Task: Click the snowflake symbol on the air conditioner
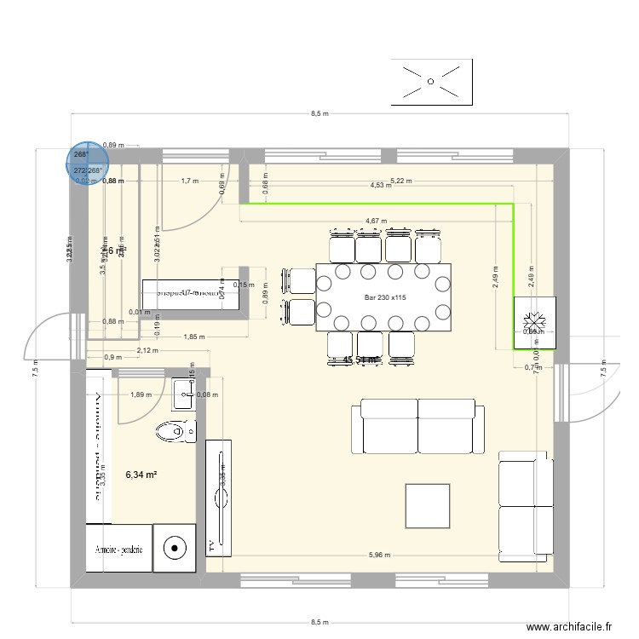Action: tap(535, 322)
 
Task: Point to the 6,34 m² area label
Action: tap(141, 475)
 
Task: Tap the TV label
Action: tap(210, 544)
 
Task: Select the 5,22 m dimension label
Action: tap(400, 180)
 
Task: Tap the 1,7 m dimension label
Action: tap(189, 181)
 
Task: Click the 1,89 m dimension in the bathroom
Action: tap(141, 394)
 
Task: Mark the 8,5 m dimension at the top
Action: tap(319, 113)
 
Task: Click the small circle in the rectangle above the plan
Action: tap(431, 82)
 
